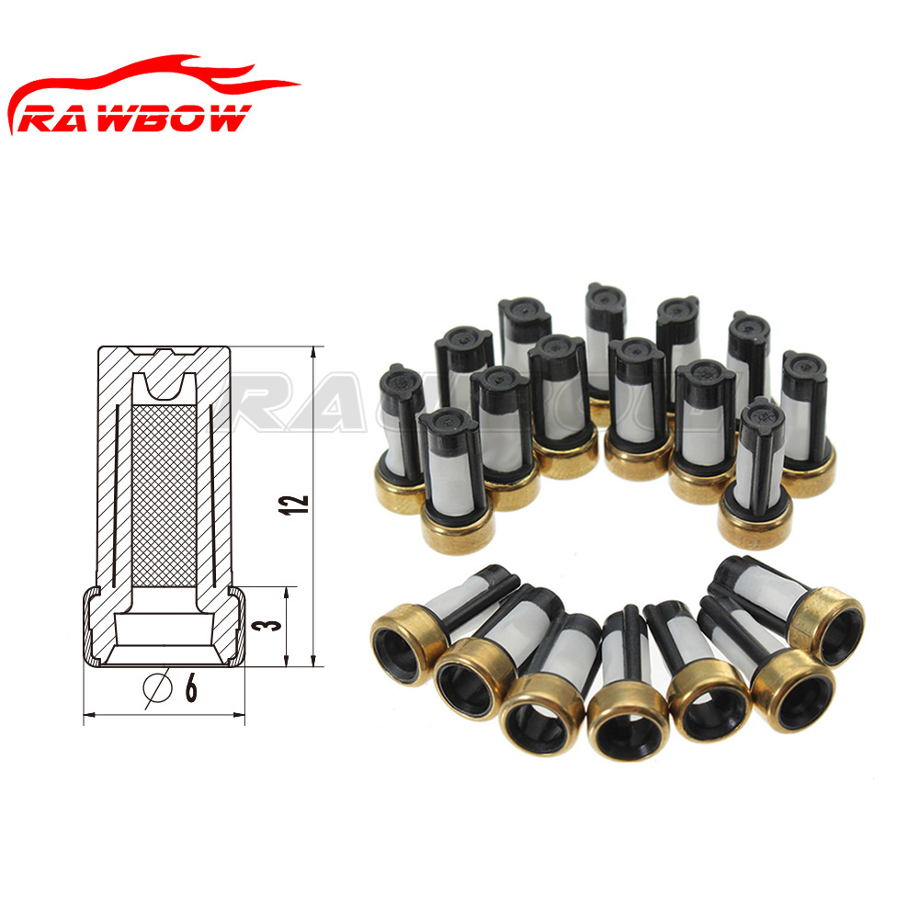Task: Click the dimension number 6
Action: click(190, 687)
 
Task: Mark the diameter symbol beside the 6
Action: click(158, 687)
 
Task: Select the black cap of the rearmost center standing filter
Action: click(606, 299)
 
